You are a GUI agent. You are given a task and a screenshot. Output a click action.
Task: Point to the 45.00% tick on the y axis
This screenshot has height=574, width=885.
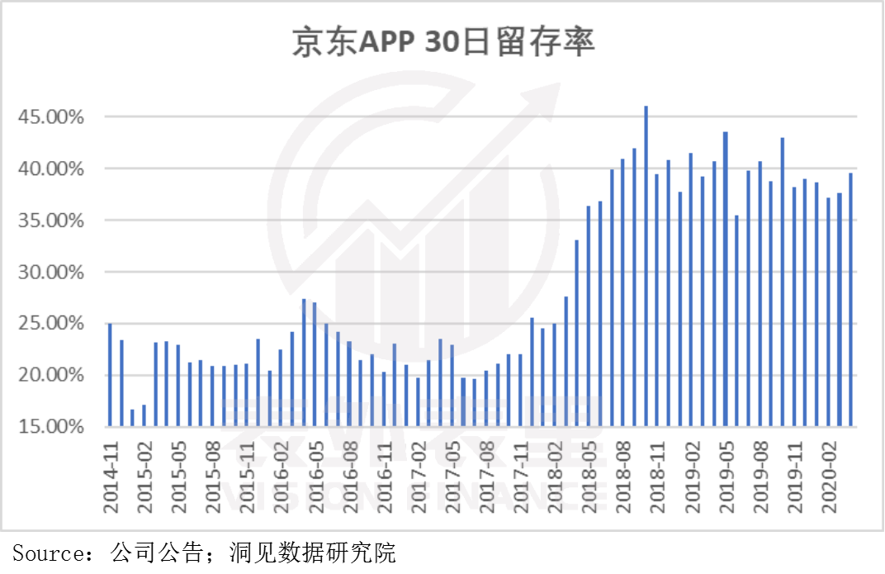pos(51,117)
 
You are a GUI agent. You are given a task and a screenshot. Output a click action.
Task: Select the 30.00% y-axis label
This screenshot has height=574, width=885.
pos(51,273)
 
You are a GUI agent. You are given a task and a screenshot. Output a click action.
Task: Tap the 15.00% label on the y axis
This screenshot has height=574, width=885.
pos(51,427)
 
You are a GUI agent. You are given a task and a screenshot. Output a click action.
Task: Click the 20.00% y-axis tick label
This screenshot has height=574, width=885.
pos(51,376)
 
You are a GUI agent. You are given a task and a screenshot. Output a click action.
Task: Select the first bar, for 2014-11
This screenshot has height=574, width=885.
pos(110,375)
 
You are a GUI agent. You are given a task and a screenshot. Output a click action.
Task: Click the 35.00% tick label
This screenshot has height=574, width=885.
pos(51,221)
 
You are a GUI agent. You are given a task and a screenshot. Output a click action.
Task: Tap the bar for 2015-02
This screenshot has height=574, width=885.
pos(144,415)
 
